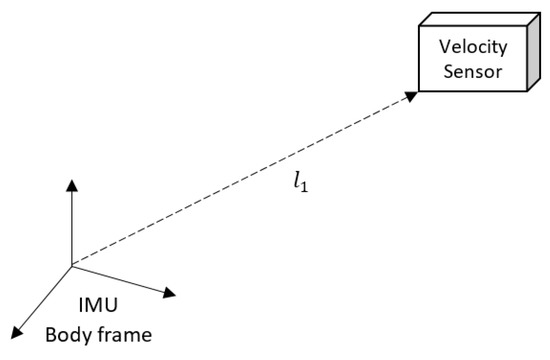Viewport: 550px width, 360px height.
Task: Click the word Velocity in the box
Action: point(473,47)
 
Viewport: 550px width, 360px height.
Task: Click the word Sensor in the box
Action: point(473,71)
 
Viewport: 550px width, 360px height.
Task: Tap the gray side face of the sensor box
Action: point(534,52)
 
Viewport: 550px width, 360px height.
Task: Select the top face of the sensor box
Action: point(479,19)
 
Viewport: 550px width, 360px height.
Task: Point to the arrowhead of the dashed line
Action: point(411,96)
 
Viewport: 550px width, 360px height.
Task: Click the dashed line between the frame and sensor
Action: point(244,178)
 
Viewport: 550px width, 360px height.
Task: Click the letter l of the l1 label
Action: point(297,181)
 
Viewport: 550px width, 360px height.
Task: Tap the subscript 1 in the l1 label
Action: point(305,187)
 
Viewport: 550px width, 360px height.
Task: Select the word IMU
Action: point(98,305)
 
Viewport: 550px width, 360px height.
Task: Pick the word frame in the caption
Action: point(125,335)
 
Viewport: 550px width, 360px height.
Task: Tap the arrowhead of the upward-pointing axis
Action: point(72,185)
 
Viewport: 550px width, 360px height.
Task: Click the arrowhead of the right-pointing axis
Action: point(169,293)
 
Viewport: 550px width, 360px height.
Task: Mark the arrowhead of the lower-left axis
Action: point(16,333)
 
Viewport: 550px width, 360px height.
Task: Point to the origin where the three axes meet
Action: point(72,266)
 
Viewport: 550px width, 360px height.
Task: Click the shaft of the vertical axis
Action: point(72,228)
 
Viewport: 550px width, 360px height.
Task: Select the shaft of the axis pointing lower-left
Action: point(45,298)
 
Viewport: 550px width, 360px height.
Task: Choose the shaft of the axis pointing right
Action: point(118,279)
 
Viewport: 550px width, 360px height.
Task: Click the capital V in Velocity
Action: point(445,46)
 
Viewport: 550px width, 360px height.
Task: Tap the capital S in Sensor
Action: point(449,71)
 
